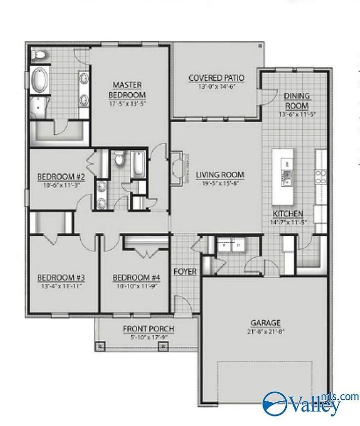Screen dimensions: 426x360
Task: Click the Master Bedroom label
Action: [127, 89]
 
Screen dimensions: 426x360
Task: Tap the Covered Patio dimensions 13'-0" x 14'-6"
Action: [216, 86]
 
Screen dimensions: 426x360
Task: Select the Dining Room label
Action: [296, 100]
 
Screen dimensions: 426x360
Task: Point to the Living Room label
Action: [220, 175]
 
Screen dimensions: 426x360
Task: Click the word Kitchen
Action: [288, 214]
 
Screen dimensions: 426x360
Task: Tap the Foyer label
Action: [185, 272]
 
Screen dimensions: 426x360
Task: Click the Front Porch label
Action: [148, 329]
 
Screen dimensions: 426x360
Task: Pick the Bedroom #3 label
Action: [61, 278]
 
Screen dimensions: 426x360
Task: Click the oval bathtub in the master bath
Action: [39, 81]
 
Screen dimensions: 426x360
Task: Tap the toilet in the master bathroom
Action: [39, 54]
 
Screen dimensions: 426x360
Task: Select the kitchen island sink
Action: [287, 178]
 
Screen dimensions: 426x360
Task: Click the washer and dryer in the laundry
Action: [232, 246]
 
